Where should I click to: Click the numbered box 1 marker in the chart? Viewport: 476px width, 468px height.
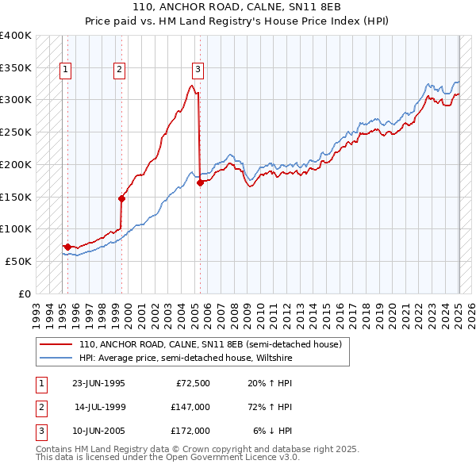[x=64, y=70]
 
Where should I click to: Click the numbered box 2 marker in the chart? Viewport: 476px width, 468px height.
[x=118, y=70]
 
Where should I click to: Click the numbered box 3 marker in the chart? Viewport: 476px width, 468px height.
[x=198, y=70]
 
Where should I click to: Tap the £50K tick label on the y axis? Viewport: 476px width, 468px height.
[x=18, y=261]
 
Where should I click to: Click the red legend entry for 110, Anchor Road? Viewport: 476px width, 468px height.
[x=209, y=344]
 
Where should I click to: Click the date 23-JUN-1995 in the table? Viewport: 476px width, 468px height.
[x=98, y=384]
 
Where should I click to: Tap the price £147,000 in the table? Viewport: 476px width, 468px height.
[x=190, y=407]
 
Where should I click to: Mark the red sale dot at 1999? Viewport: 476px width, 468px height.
[x=121, y=198]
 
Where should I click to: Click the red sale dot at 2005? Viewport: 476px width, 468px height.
[x=200, y=182]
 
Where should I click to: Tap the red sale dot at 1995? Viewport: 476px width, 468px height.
[x=67, y=247]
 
